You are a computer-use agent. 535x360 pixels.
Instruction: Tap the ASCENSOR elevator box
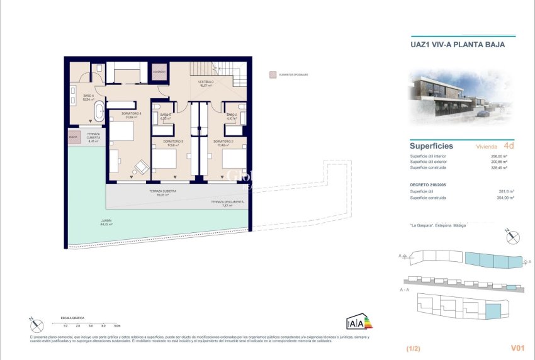click(160, 72)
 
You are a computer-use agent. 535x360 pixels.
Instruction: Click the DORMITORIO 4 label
click(131, 115)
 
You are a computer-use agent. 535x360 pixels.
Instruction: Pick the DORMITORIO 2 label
click(223, 142)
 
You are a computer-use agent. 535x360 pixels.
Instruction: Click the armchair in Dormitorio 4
click(142, 167)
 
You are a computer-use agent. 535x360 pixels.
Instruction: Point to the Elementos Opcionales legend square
click(272, 75)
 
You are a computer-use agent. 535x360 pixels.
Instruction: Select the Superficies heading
click(431, 146)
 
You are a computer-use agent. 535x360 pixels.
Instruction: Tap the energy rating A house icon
click(355, 323)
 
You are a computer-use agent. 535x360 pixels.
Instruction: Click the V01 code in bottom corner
click(517, 347)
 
